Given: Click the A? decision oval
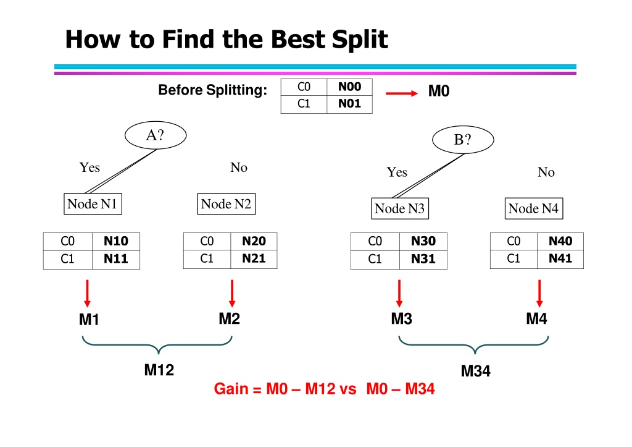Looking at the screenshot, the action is [156, 135].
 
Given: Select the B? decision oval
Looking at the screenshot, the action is [463, 140].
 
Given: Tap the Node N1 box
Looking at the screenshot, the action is [93, 204].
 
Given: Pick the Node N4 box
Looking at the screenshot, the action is [534, 208].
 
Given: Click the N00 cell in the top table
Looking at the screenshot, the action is [349, 87].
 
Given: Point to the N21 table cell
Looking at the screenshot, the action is [254, 259].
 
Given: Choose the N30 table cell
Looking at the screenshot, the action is [423, 242].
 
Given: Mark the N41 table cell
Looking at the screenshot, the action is [560, 259].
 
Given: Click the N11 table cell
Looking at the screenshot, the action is [116, 260].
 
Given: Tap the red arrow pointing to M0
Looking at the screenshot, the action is [401, 93].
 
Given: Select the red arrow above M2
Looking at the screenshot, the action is [232, 294].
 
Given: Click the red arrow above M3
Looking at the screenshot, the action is [399, 294].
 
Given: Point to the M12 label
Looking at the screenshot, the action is [159, 370].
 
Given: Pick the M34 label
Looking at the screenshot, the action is [476, 371].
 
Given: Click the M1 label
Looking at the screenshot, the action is [89, 320].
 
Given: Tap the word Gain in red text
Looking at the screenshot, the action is [231, 389].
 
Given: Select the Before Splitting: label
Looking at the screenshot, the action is [212, 90].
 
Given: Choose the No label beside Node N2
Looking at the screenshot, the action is [239, 167].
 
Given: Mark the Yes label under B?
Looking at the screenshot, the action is [397, 172].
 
